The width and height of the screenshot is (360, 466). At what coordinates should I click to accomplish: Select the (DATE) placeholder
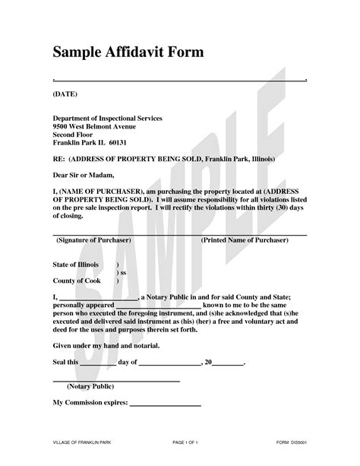65,94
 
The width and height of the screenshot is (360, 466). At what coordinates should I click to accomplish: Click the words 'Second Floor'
74,135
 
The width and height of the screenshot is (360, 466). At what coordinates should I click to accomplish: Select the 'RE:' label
58,160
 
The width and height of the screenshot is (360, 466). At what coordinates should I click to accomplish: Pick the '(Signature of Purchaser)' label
94,239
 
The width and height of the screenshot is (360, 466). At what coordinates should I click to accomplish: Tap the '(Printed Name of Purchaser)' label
245,239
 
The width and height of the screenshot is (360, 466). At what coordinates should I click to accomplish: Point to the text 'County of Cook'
77,281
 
